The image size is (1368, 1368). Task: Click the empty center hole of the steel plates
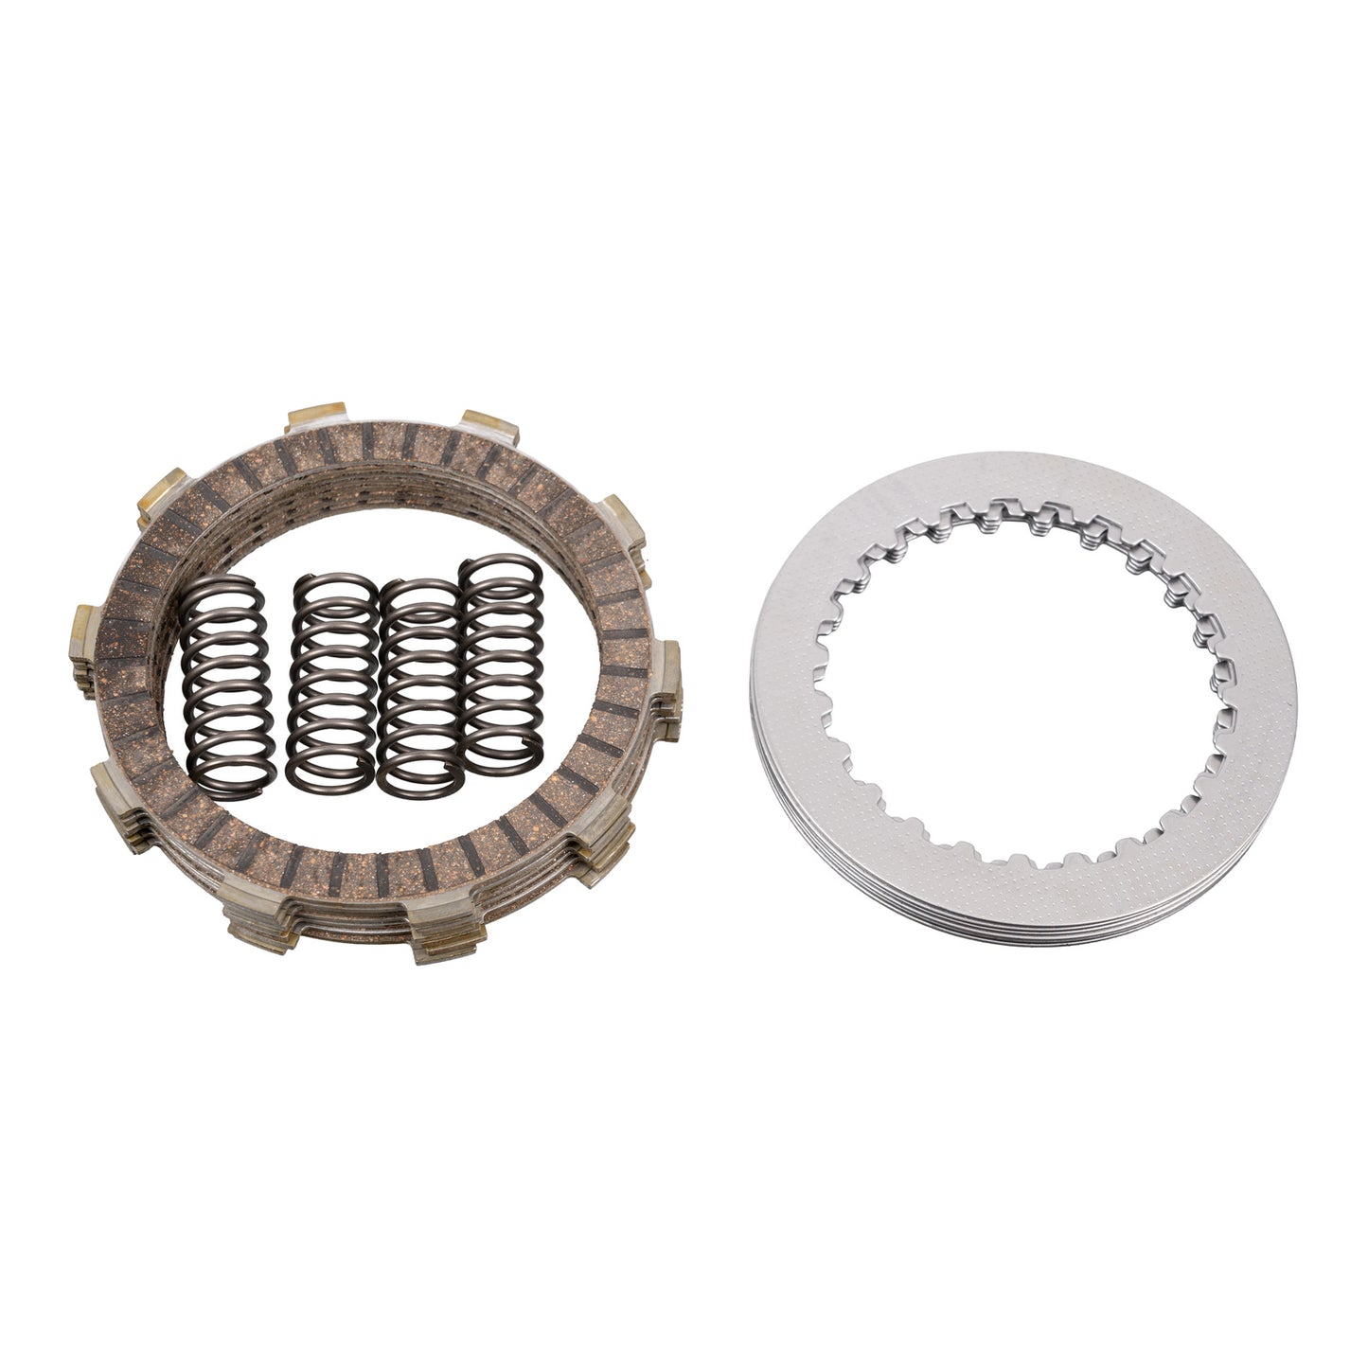point(1018,682)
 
